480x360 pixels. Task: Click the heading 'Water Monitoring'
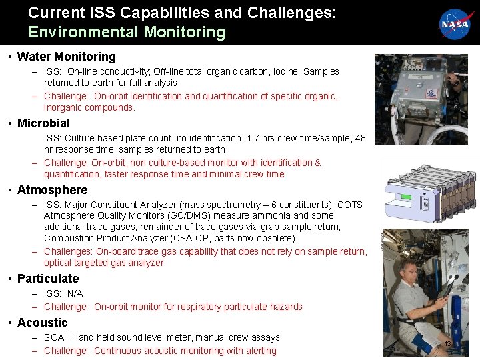[66, 57]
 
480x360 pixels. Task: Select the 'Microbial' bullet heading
[43, 123]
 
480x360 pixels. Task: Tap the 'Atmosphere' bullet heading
[52, 190]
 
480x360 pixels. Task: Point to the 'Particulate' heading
[48, 279]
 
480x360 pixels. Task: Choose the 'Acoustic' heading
[42, 323]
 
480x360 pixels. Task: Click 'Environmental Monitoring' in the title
[127, 32]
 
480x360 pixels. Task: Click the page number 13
[448, 344]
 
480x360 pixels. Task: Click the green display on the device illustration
[403, 197]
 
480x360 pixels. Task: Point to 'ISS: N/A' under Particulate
[63, 293]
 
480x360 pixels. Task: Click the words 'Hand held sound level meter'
[135, 337]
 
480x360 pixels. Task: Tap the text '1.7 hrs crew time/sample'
[295, 138]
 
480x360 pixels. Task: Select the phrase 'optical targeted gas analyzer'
[103, 263]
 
